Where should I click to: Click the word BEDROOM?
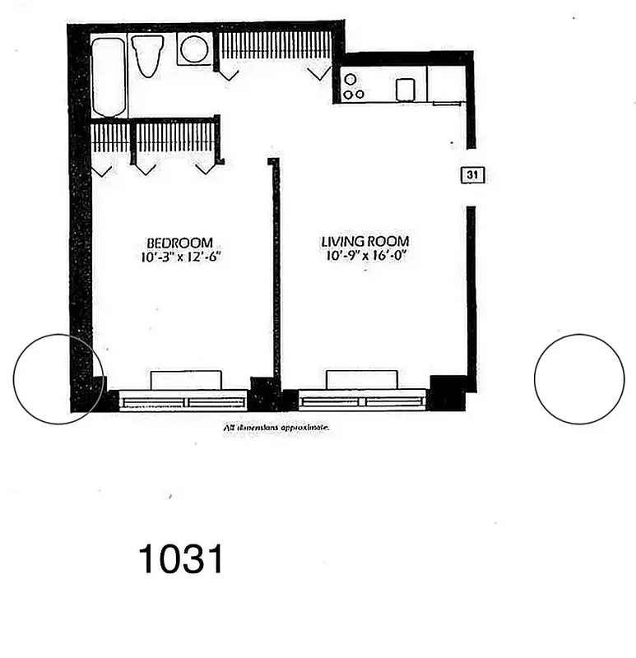pyautogui.click(x=179, y=243)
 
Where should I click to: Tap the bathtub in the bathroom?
pyautogui.click(x=109, y=76)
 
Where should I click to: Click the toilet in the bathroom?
pyautogui.click(x=147, y=54)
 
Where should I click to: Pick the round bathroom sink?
pyautogui.click(x=194, y=49)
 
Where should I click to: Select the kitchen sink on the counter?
pyautogui.click(x=404, y=89)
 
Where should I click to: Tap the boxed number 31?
pyautogui.click(x=472, y=174)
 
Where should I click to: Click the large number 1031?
pyautogui.click(x=181, y=560)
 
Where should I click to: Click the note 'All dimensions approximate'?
pyautogui.click(x=276, y=428)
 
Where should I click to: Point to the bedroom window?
pyautogui.click(x=183, y=401)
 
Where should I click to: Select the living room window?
pyautogui.click(x=362, y=401)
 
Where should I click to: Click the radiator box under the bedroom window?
pyautogui.click(x=187, y=379)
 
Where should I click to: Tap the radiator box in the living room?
pyautogui.click(x=362, y=379)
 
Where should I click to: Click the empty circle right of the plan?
pyautogui.click(x=579, y=379)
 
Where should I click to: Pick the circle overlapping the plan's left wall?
pyautogui.click(x=58, y=379)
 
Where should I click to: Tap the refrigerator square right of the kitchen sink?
pyautogui.click(x=446, y=84)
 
